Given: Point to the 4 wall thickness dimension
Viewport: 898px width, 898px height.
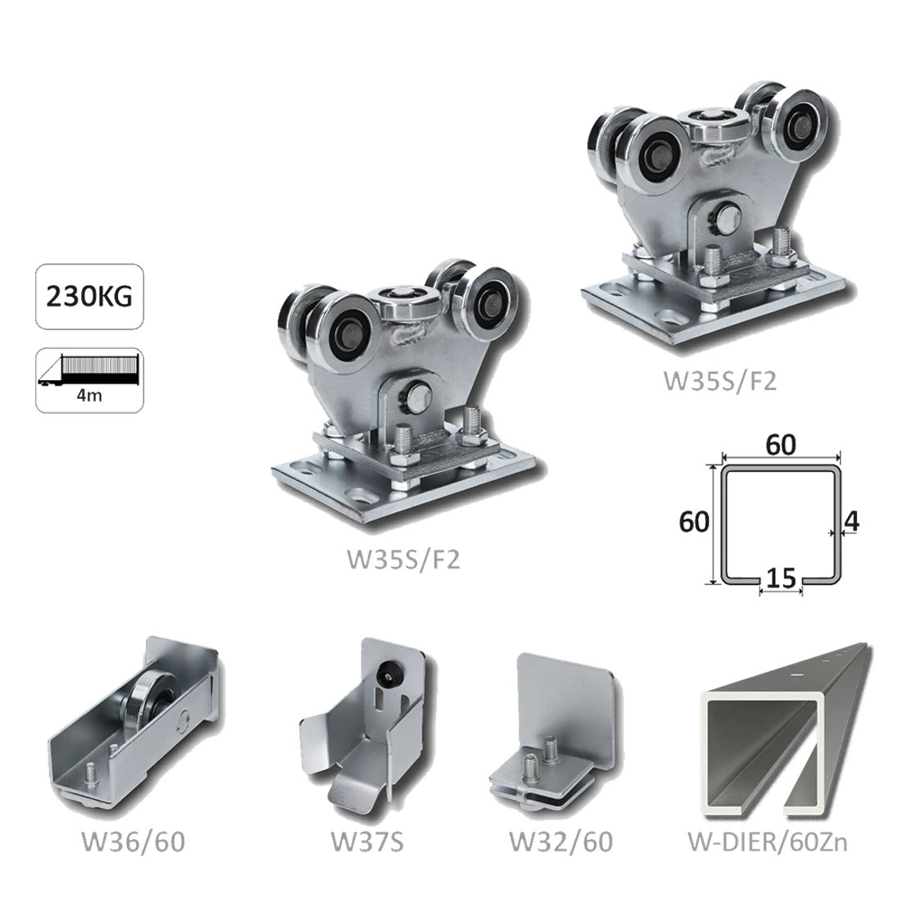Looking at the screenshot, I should tap(849, 521).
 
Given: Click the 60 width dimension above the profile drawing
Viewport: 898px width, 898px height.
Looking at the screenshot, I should tap(780, 447).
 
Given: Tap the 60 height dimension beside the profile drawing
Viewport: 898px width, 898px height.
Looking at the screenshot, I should tap(696, 521).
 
